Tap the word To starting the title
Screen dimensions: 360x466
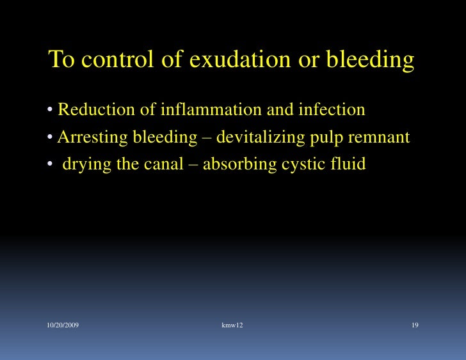[x=62, y=60]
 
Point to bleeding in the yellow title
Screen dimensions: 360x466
[x=371, y=60]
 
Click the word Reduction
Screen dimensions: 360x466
[x=97, y=110]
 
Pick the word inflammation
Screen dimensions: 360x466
[x=211, y=110]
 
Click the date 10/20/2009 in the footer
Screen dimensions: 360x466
[x=63, y=326]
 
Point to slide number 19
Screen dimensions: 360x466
[x=415, y=326]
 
